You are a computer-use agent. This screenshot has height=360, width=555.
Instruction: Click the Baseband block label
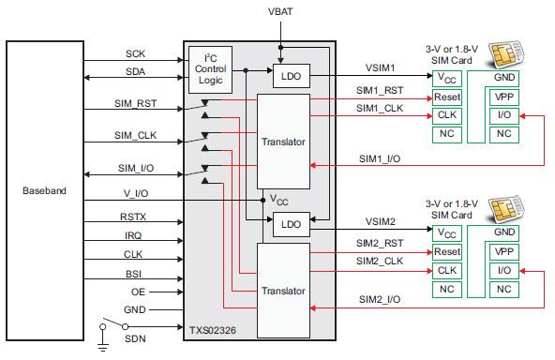tap(44, 191)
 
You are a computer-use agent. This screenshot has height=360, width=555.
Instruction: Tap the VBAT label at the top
tap(278, 10)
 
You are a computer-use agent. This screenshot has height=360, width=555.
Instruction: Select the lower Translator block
tap(283, 291)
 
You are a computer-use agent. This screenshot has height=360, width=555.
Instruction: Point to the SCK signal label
tap(135, 53)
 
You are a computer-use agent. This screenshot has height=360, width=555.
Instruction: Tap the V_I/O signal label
tap(136, 192)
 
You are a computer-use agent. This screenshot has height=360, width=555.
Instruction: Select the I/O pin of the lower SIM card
tap(504, 270)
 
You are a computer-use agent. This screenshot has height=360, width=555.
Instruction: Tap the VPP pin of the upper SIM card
tap(504, 97)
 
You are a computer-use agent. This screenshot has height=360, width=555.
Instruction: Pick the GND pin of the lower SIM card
tap(504, 232)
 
